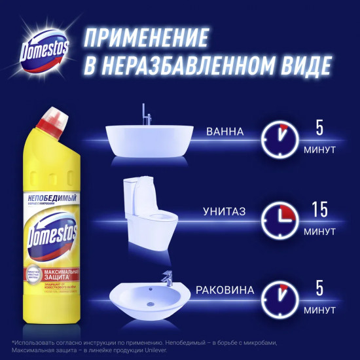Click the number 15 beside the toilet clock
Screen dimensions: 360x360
point(319,210)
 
